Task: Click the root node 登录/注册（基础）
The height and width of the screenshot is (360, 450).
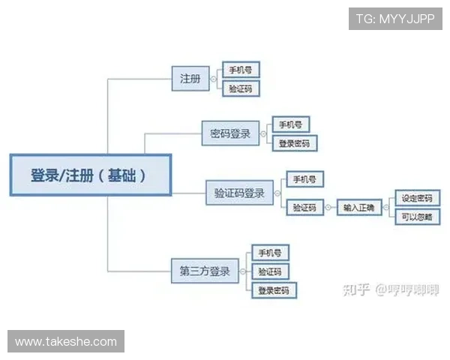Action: click(90, 175)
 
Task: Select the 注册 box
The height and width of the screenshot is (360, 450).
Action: click(190, 78)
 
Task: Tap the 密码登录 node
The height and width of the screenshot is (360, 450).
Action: click(230, 134)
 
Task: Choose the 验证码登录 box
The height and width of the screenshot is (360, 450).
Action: click(239, 193)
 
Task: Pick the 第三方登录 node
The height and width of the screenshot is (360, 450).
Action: click(205, 270)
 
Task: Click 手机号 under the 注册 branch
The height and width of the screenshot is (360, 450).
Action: click(241, 70)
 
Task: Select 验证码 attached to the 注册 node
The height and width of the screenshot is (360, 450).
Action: click(241, 88)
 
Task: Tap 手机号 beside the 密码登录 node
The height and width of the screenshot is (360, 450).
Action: click(292, 124)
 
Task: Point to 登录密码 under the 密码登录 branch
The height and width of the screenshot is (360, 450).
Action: click(294, 142)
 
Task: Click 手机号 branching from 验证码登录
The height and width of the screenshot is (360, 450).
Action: click(304, 180)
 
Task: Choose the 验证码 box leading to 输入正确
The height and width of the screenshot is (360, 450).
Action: click(304, 207)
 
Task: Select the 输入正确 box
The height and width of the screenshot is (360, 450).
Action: click(359, 207)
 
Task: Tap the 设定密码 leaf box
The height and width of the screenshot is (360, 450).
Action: click(415, 198)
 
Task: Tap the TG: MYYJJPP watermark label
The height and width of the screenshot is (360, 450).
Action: click(395, 18)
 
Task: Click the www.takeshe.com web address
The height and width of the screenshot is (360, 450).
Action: click(66, 342)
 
